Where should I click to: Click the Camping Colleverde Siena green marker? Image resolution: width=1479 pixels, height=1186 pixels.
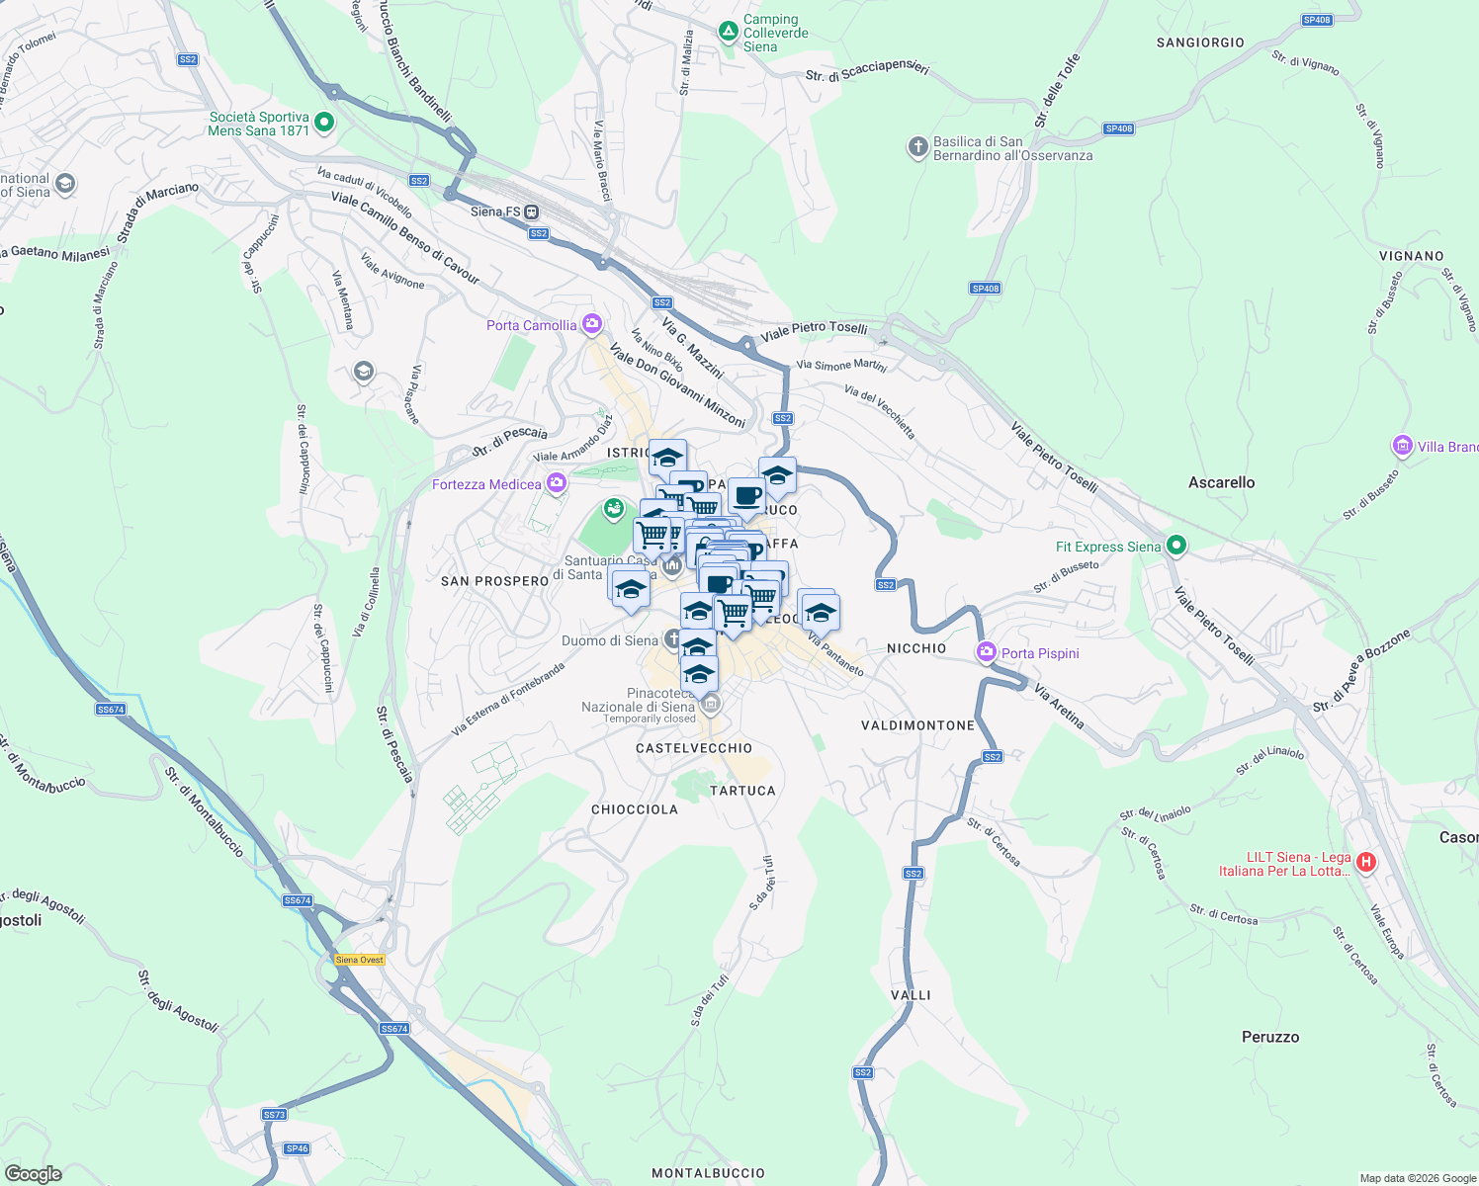tap(729, 32)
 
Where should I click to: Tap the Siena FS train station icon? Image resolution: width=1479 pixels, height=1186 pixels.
tap(532, 212)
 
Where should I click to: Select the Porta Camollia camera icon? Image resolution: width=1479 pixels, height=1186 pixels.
tap(592, 324)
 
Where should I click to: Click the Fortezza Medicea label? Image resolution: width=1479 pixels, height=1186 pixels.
tap(486, 484)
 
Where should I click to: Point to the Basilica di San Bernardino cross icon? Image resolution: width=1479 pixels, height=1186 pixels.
tap(917, 147)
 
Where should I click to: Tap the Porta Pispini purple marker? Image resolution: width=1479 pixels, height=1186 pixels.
tap(986, 652)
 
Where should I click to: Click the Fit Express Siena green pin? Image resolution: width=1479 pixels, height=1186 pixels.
tap(1175, 546)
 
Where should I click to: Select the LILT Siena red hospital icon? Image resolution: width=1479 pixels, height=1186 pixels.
tap(1366, 863)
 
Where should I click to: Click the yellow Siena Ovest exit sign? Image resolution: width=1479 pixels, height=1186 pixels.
tap(359, 960)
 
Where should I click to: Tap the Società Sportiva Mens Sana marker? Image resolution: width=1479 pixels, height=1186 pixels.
tap(324, 124)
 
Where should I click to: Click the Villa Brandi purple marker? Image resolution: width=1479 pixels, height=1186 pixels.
tap(1402, 446)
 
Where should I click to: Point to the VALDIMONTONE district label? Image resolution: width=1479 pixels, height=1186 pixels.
tap(917, 725)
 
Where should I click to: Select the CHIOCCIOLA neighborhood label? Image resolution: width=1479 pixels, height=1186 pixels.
tap(635, 809)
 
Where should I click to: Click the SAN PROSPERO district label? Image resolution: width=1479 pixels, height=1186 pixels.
tap(494, 581)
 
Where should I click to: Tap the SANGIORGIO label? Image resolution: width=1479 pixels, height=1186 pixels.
tap(1200, 42)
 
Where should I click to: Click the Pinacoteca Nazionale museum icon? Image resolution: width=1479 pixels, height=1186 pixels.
tap(709, 705)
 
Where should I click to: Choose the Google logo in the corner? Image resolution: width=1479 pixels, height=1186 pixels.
tap(33, 1174)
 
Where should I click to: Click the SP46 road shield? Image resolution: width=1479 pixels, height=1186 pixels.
tap(297, 1148)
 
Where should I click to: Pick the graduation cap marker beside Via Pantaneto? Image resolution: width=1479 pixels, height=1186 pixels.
tap(820, 614)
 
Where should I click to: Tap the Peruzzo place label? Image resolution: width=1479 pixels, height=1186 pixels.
tap(1270, 1037)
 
